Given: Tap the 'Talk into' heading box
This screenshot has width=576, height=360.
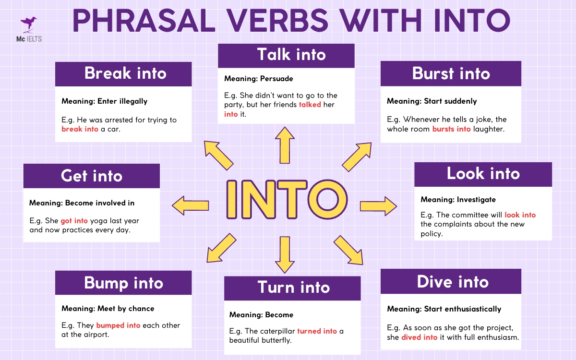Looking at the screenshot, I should coord(286,55).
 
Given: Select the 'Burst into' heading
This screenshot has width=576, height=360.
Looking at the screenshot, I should coord(451,73).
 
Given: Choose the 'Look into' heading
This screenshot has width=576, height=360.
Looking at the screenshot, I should coord(483,174).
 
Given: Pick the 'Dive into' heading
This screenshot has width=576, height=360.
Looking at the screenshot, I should coord(451,281).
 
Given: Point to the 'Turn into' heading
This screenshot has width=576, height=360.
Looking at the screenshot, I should coord(292,287).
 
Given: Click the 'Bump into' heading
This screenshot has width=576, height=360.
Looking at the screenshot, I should coord(123,283).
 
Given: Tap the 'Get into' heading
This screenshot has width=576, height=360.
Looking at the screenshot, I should coord(92,176).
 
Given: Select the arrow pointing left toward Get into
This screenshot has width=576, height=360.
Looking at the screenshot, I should coord(190,205).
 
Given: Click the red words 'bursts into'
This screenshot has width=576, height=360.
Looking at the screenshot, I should coord(451,129).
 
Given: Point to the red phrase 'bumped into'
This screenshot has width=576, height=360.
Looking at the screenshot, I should coord(118,325).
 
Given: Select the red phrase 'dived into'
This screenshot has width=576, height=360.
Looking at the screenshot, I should coord(419,337).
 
